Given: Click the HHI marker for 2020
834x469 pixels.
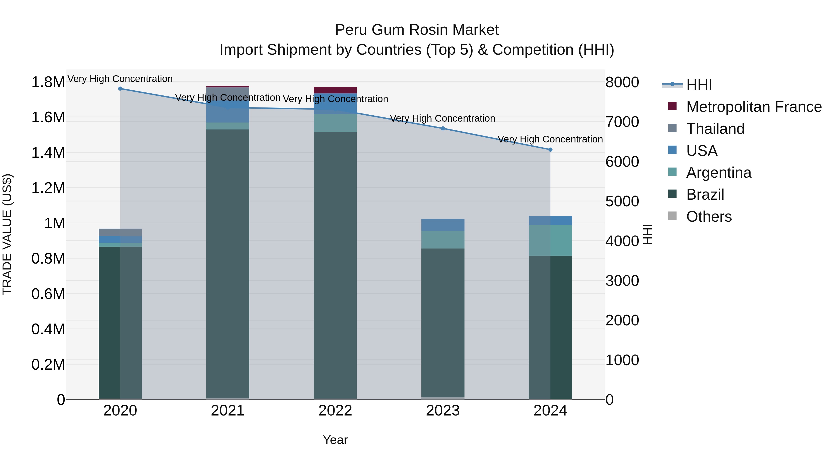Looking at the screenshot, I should coord(120,89).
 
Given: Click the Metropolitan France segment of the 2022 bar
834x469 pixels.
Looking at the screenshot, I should coord(335,90).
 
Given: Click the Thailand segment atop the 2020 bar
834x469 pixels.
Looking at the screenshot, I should coord(120,232).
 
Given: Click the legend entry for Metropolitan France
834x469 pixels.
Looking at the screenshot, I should coord(753,107).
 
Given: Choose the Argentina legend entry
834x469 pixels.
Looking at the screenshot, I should coord(718,173).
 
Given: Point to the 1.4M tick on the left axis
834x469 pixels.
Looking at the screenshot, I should coord(48,153).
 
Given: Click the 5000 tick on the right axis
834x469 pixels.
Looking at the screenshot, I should coord(622,201).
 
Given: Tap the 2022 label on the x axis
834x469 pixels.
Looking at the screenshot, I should coord(335,411).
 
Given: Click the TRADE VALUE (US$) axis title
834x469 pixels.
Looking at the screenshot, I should coord(7,234).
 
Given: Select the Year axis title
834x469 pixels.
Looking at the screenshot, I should coord(335,440).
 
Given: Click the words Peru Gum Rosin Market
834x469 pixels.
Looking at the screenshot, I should coord(417,30).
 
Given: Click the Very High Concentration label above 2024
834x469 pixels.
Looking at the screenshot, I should coord(550,139).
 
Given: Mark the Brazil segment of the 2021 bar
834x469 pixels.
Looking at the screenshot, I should coord(227,264).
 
